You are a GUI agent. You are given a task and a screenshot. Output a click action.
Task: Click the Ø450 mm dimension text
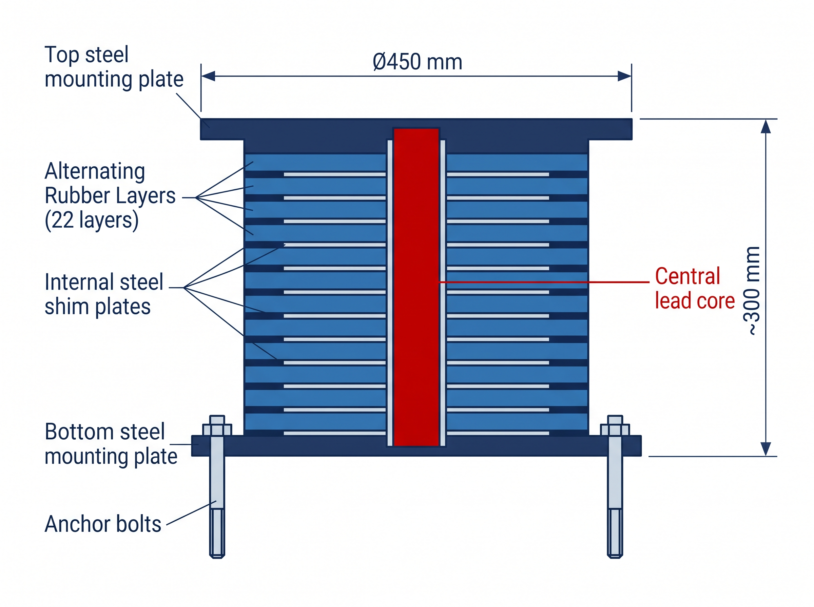[418, 62]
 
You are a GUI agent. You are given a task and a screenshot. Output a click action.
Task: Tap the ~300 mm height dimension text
[752, 291]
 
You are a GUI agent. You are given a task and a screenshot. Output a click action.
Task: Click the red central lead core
[416, 287]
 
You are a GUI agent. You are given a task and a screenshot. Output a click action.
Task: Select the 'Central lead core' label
[695, 289]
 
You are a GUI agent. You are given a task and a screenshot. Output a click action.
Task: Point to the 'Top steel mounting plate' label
[114, 67]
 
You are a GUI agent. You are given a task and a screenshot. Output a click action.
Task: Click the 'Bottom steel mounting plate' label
[111, 444]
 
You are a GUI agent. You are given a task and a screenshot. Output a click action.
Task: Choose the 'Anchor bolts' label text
[103, 524]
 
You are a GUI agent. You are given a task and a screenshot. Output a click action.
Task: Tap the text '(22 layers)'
[92, 221]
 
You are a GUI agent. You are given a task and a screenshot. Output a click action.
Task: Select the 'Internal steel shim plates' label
[104, 294]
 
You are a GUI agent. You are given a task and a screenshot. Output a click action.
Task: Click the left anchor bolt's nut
[217, 430]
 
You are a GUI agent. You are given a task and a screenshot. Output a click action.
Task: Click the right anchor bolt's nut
[615, 430]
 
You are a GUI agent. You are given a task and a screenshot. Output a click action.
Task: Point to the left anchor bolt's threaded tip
[217, 533]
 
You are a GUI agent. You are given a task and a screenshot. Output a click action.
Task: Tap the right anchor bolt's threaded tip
[615, 533]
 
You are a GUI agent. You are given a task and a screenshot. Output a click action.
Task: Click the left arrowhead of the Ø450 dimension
[208, 76]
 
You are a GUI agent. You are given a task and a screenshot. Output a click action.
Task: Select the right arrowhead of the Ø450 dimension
[624, 76]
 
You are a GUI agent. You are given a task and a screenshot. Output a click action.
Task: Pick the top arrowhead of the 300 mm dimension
[765, 126]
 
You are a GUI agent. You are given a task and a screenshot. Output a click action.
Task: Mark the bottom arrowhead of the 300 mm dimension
[765, 449]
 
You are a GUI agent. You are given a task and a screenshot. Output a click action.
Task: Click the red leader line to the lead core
[544, 282]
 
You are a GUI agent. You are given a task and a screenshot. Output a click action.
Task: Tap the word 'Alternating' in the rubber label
[95, 171]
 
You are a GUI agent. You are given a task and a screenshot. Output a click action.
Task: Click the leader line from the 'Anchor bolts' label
[191, 513]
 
